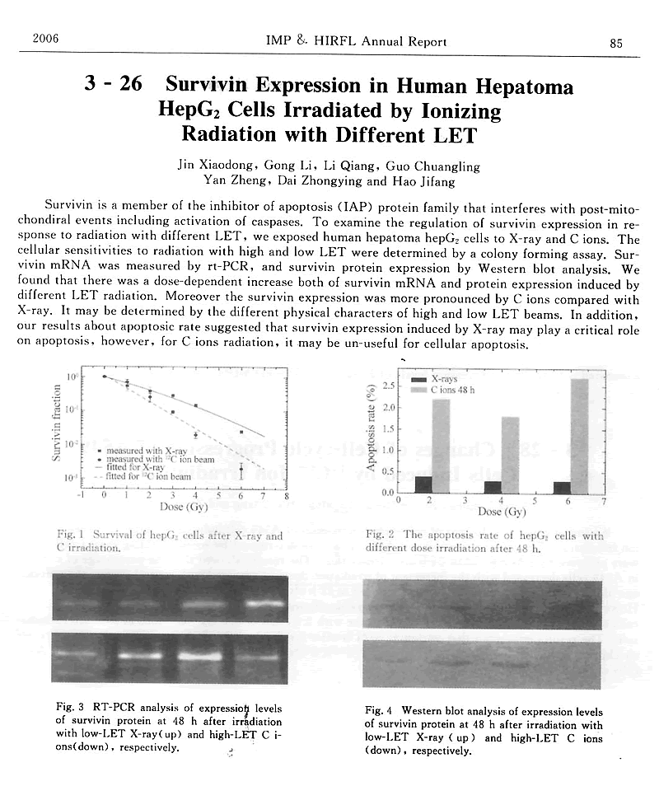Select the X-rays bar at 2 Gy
tap(423, 484)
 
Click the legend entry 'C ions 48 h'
tap(451, 389)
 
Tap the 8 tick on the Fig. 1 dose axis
tap(285, 496)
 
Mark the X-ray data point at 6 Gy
tap(241, 432)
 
